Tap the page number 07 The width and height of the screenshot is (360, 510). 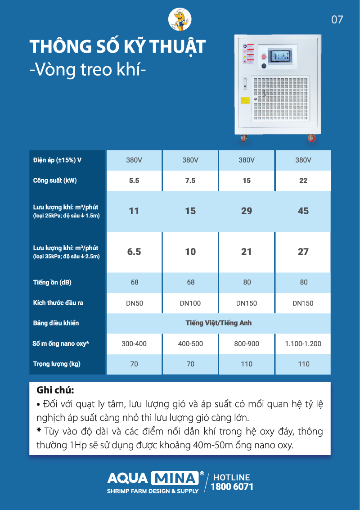tap(337, 19)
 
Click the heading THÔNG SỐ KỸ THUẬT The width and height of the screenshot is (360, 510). tap(117, 47)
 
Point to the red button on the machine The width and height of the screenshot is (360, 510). tap(264, 57)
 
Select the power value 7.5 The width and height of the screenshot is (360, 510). tap(190, 181)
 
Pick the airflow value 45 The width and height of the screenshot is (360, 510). tap(303, 211)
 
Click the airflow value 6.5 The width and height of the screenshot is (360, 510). tap(134, 252)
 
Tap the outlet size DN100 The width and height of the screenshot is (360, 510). tap(190, 303)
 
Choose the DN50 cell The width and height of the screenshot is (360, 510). tap(134, 303)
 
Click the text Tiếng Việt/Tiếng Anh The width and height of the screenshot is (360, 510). tap(218, 323)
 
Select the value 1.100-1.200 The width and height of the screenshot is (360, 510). tap(303, 344)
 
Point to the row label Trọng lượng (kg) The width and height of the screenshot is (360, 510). tap(57, 364)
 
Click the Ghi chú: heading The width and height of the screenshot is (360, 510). tap(55, 389)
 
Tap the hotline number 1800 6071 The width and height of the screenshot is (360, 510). tap(232, 487)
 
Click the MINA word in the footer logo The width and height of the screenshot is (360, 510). tap(175, 478)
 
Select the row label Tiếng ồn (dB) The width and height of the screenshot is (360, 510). tap(52, 282)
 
